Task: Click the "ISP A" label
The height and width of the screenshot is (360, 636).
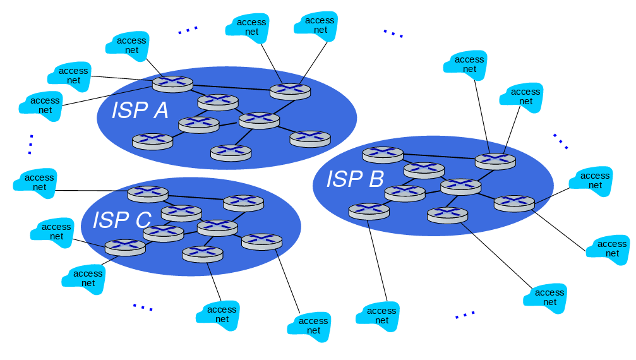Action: [140, 110]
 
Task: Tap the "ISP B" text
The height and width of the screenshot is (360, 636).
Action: [355, 179]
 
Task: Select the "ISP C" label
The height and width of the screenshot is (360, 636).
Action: [122, 220]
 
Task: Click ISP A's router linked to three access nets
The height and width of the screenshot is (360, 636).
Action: [172, 83]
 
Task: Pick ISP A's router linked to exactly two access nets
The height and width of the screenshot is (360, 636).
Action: [291, 91]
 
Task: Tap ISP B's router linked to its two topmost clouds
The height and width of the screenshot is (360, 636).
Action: [495, 160]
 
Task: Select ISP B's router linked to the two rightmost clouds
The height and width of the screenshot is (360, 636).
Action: [514, 203]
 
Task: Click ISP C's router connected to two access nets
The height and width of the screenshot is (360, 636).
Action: [125, 247]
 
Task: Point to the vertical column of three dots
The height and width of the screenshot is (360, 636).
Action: [30, 144]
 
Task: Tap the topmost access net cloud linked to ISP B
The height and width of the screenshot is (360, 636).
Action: [469, 64]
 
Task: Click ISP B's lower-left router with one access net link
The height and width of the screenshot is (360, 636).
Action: [369, 210]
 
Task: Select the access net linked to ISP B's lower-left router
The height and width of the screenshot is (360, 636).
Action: [381, 315]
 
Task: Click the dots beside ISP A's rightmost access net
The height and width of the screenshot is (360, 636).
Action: [393, 33]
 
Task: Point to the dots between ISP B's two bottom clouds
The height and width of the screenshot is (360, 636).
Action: [465, 314]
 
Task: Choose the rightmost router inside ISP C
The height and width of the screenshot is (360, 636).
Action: [261, 241]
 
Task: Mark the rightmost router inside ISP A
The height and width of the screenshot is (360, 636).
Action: [310, 138]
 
